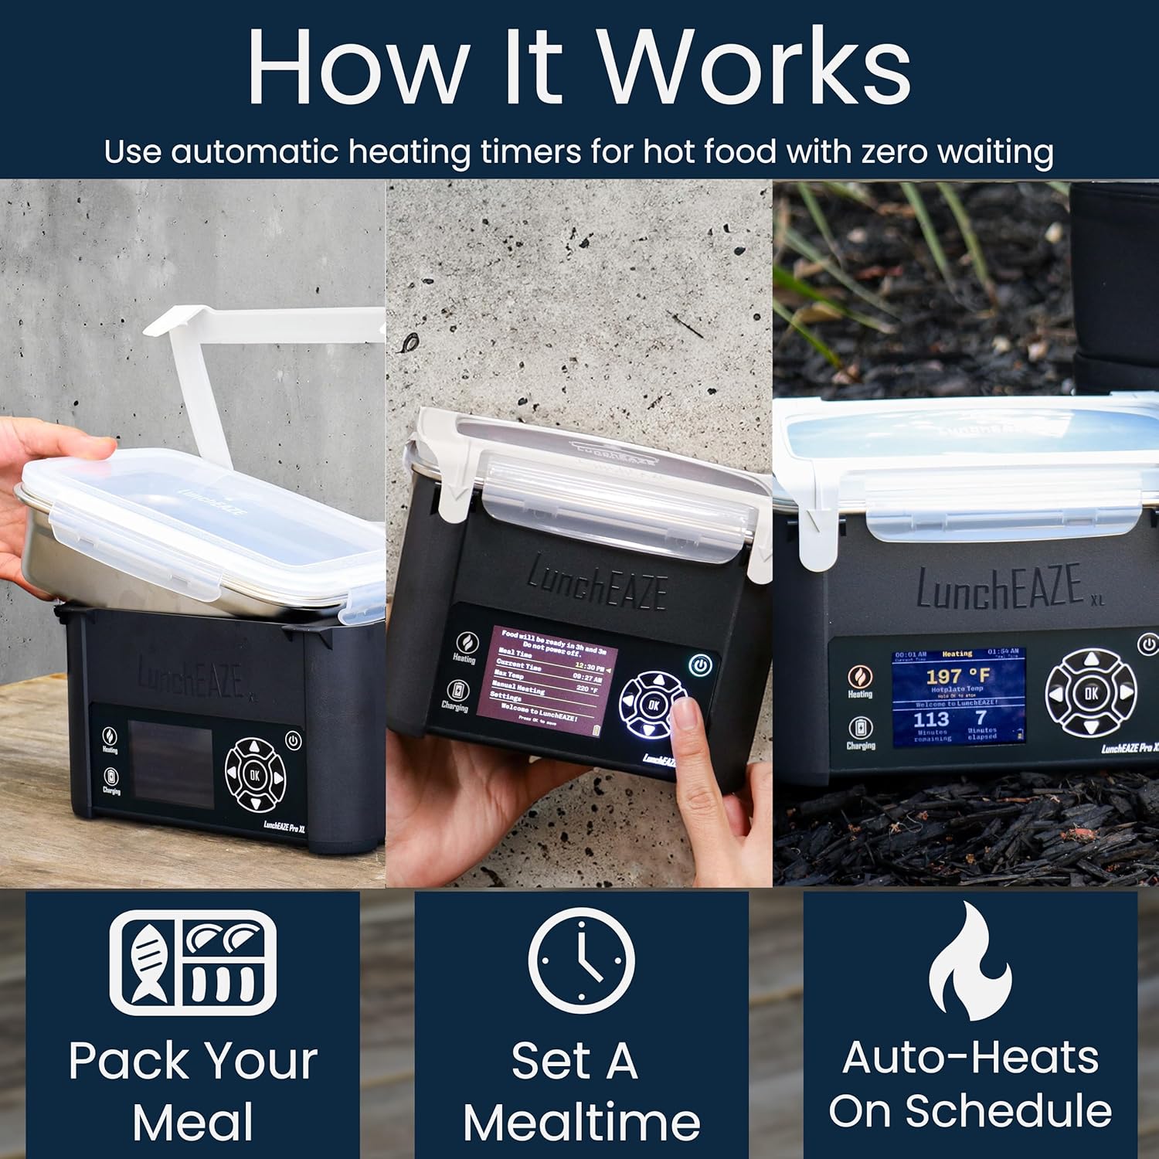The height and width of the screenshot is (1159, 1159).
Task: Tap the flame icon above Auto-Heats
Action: coord(970,962)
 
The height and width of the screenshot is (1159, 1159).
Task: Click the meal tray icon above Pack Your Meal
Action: coord(193,962)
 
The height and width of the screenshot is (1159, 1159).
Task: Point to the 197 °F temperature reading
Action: coord(957,676)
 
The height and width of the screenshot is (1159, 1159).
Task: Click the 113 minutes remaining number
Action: coord(930,719)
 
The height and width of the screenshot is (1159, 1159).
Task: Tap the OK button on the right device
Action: coord(1090,692)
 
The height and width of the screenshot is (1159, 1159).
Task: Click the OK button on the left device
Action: coord(254,774)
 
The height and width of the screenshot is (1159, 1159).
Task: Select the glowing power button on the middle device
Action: coord(700,664)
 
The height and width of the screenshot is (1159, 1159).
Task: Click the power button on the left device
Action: coord(293,740)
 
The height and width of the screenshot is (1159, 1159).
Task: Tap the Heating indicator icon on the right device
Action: coord(859,677)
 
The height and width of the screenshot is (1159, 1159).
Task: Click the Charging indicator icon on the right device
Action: coord(860,728)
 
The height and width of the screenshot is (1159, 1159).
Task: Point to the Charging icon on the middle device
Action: coord(457,690)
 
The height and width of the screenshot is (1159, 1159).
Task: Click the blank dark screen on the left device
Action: coord(170,764)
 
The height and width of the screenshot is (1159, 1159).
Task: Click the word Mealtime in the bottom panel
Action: coord(581,1122)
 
